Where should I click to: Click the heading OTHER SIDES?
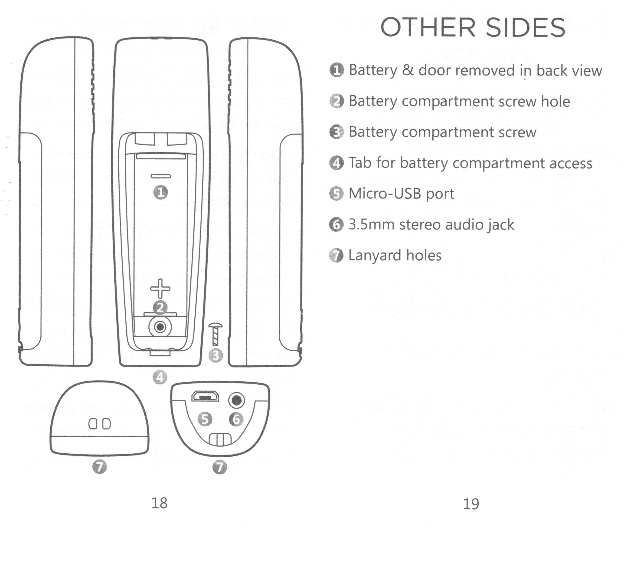point(473,28)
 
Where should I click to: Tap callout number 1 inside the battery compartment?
point(160,193)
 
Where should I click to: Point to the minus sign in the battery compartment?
point(160,176)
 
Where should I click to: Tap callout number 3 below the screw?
point(216,355)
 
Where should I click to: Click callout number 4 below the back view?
point(160,377)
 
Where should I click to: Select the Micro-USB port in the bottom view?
point(205,396)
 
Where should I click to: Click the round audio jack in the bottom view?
point(236,401)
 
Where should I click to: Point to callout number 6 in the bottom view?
point(236,419)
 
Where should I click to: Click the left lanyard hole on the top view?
point(92,424)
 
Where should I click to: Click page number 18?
point(159,503)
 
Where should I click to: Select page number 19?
point(471,504)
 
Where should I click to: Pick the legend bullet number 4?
point(337,163)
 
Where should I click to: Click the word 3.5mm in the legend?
point(371,225)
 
